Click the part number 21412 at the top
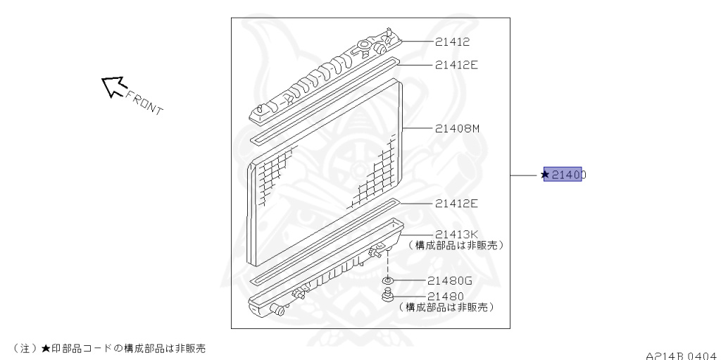coord(452,42)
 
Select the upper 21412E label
coord(456,65)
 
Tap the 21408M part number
coord(457,128)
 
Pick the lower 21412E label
coord(456,204)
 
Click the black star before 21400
coord(545,175)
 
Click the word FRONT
coord(146,103)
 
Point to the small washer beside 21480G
coord(387,280)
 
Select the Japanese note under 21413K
coord(458,245)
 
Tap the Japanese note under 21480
coord(445,307)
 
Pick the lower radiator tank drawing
coord(324,271)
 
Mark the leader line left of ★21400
coord(524,175)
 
